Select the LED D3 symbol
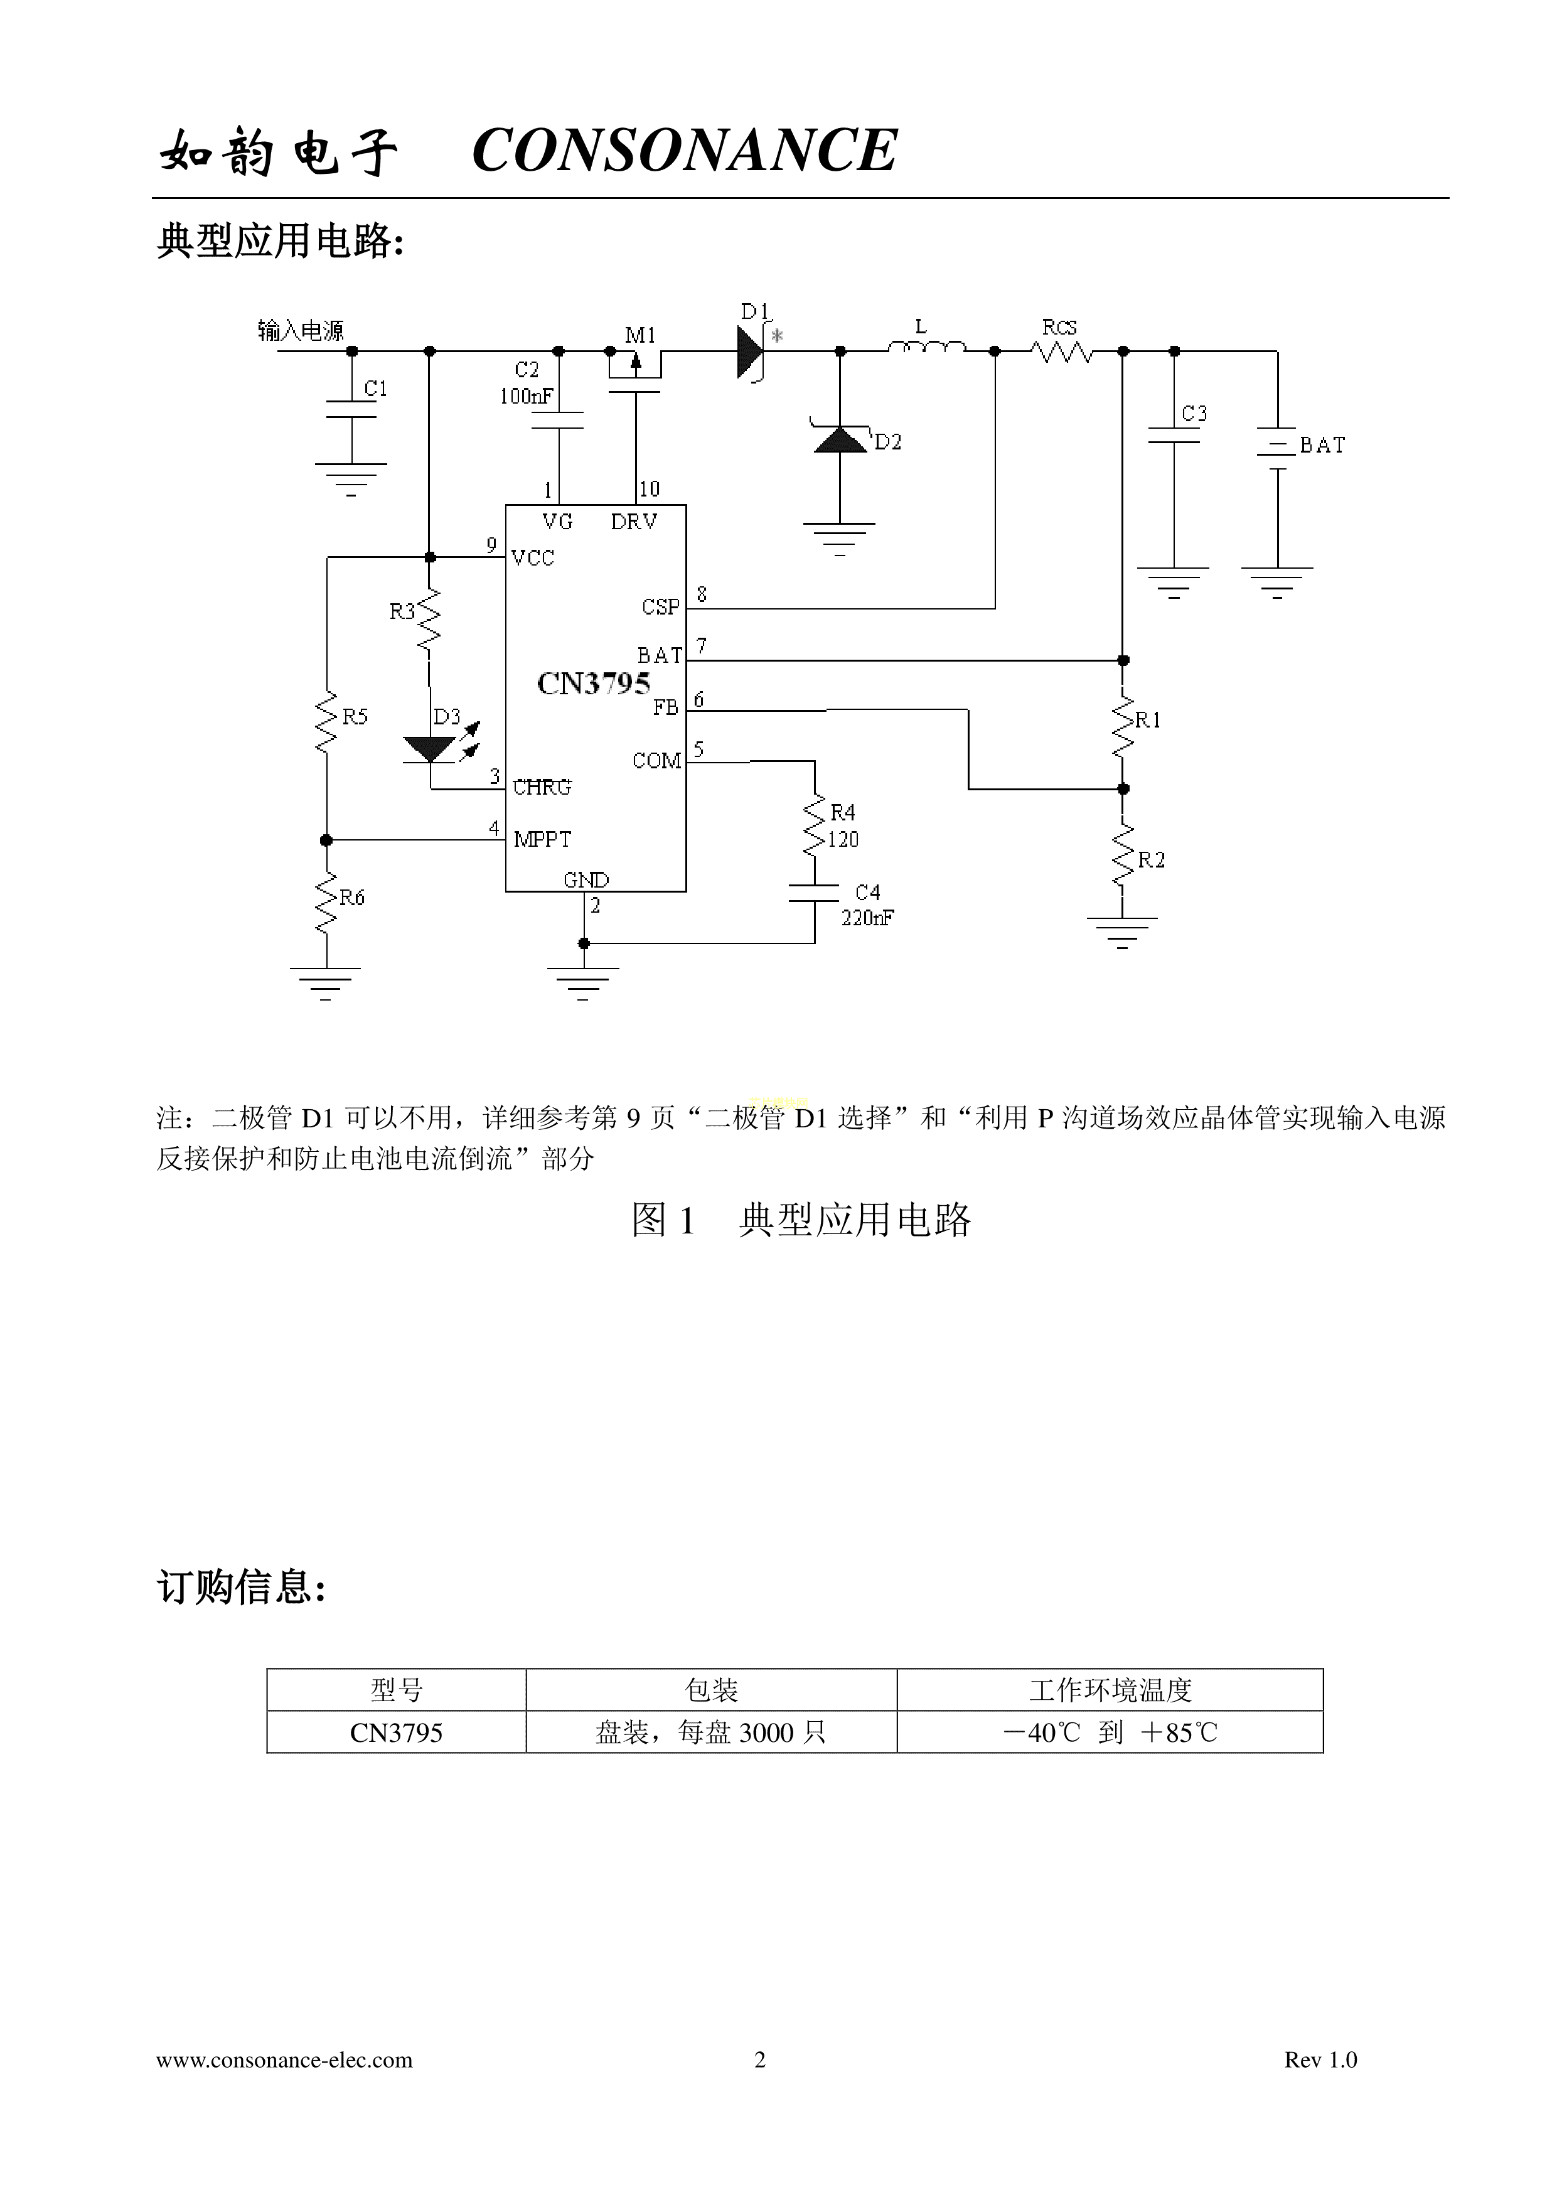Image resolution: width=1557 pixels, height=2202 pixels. (x=429, y=749)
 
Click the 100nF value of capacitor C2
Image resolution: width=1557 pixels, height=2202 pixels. (x=525, y=396)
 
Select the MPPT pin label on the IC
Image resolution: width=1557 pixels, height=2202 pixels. (x=543, y=839)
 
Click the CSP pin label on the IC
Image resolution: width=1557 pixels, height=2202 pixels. (x=661, y=606)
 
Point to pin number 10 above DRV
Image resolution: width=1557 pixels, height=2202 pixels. (x=649, y=489)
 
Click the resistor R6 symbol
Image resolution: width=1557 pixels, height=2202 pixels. (x=326, y=901)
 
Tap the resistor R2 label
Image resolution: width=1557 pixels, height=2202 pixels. (x=1152, y=861)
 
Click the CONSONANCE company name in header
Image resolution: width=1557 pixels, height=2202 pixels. (x=685, y=151)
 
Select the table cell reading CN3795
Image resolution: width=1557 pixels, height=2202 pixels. (x=396, y=1733)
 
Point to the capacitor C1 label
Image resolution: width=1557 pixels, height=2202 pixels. (x=376, y=389)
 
